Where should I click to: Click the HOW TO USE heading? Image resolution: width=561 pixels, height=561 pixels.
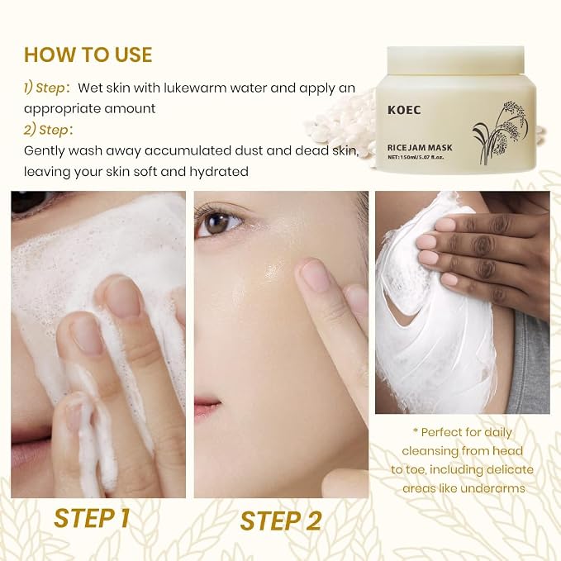pos(88,55)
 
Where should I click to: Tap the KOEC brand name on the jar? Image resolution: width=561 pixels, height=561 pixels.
pos(404,110)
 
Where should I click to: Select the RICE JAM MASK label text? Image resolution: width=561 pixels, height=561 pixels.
pos(420,147)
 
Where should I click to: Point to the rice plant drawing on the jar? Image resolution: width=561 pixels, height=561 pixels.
pos(500,133)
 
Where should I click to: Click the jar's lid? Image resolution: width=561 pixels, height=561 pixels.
pos(456,61)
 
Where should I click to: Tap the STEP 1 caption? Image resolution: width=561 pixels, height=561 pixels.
pos(92,518)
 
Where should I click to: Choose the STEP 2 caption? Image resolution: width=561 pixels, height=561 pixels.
pos(281,521)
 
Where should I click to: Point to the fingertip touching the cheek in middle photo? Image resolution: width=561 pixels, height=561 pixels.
pos(310,272)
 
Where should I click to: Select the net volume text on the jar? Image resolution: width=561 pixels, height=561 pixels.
pos(416,157)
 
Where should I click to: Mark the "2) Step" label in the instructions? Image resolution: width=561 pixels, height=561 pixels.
pos(46,130)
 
